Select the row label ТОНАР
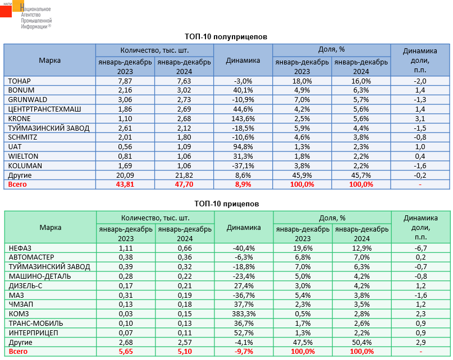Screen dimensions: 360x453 pos(20,81)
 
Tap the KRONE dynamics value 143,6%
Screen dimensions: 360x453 pos(243,119)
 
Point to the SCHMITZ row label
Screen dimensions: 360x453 pos(23,137)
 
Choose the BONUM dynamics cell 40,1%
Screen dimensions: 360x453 pos(243,90)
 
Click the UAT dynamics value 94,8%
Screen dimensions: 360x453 pos(243,147)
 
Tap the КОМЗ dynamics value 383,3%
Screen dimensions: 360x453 pos(243,313)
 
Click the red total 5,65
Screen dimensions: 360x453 pos(125,352)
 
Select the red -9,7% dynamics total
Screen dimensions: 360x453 pos(243,352)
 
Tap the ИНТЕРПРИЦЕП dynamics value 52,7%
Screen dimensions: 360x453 pos(243,333)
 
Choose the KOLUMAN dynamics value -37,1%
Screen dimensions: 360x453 pos(243,166)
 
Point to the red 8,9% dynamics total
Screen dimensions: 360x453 pos(243,184)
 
